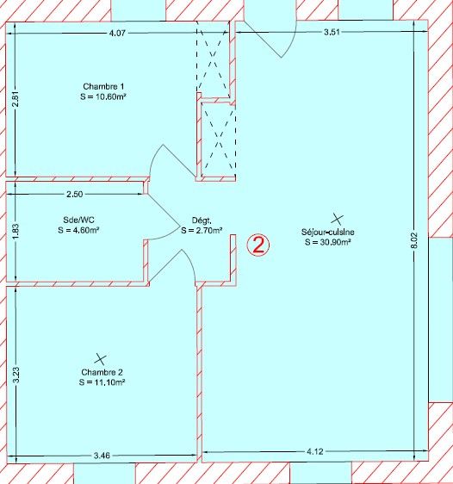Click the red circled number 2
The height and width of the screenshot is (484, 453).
pyautogui.click(x=258, y=245)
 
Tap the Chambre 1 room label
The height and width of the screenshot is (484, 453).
pyautogui.click(x=103, y=86)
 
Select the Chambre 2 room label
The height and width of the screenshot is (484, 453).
pyautogui.click(x=102, y=372)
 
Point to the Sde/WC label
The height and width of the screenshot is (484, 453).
pyautogui.click(x=78, y=220)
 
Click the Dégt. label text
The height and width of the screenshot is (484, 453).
pyautogui.click(x=202, y=220)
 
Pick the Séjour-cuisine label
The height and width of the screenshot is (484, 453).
pyautogui.click(x=328, y=232)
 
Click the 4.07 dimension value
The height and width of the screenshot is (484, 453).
pyautogui.click(x=117, y=33)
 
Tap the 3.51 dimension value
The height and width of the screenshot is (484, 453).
pyautogui.click(x=332, y=32)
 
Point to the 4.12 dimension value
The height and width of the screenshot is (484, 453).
pyautogui.click(x=314, y=452)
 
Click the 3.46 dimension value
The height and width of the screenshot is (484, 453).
pyautogui.click(x=102, y=456)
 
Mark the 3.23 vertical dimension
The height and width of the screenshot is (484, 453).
pyautogui.click(x=16, y=375)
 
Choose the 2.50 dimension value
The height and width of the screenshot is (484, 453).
pyautogui.click(x=75, y=194)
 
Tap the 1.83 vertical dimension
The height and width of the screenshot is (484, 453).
pyautogui.click(x=16, y=231)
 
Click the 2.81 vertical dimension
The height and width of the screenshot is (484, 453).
pyautogui.click(x=16, y=98)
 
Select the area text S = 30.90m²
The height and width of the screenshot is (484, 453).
pyautogui.click(x=328, y=242)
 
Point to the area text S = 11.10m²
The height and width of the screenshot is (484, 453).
pyautogui.click(x=102, y=382)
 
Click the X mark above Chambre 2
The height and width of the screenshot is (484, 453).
pyautogui.click(x=100, y=358)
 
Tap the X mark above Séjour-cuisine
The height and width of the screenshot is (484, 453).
pyautogui.click(x=337, y=219)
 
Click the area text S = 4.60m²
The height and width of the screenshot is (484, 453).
pyautogui.click(x=78, y=230)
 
